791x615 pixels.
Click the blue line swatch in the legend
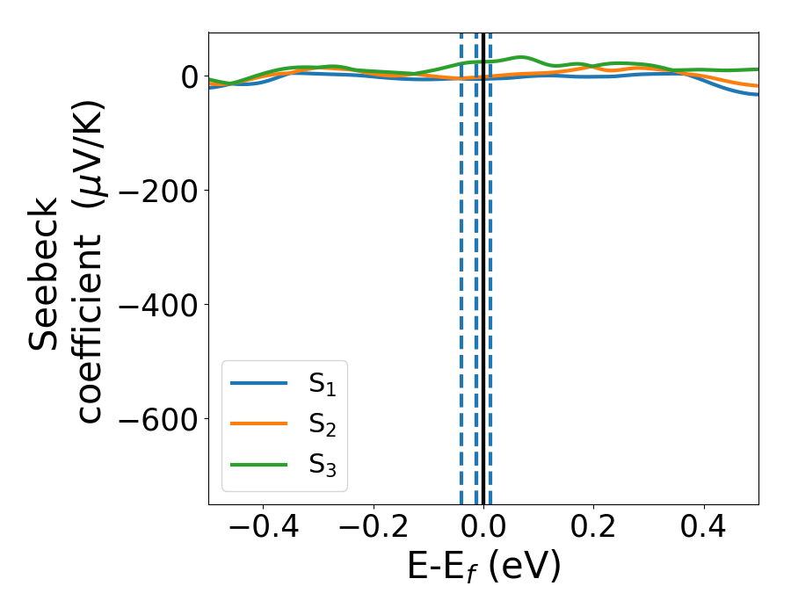pos(258,383)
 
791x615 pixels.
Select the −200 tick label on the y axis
pos(156,191)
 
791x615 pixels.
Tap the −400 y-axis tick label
pos(156,305)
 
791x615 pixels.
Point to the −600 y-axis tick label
pos(156,419)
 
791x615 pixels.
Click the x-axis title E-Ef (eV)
pos(483,568)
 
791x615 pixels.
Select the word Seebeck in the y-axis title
pos(46,273)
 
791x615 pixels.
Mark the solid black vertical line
pos(483,264)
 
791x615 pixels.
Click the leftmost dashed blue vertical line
pos(461,264)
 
